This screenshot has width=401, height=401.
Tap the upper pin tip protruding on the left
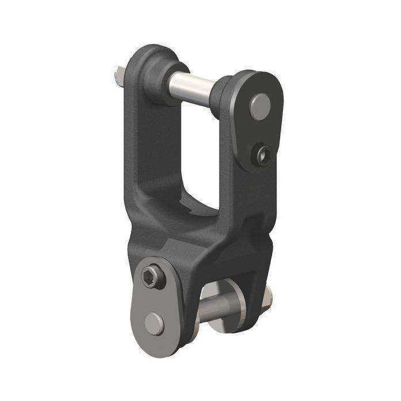point(118,75)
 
